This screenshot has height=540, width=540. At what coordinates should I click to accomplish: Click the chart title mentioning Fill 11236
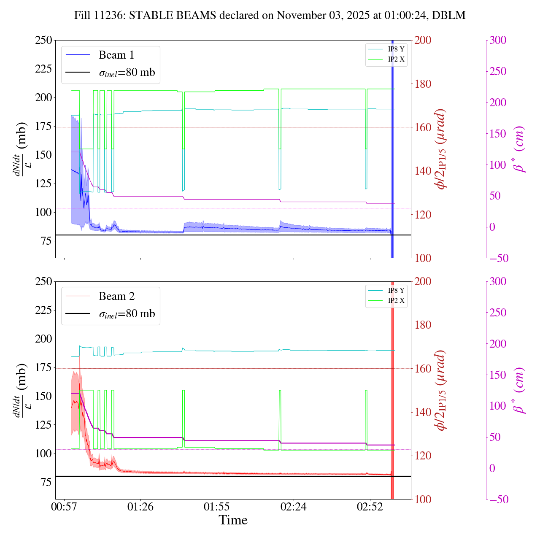pyautogui.click(x=270, y=16)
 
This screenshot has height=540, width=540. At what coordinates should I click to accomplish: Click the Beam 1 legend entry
pyautogui.click(x=116, y=55)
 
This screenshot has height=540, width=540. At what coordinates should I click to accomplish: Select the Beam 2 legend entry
pyautogui.click(x=116, y=297)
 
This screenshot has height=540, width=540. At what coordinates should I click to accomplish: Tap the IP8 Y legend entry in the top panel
pyautogui.click(x=396, y=49)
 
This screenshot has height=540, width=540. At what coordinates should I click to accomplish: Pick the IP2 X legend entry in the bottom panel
pyautogui.click(x=396, y=301)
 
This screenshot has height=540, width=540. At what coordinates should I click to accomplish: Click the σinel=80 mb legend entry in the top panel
pyautogui.click(x=127, y=73)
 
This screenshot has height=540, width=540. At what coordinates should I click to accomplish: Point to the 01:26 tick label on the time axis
pyautogui.click(x=140, y=506)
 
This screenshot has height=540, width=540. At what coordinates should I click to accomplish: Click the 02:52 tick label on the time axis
pyautogui.click(x=370, y=506)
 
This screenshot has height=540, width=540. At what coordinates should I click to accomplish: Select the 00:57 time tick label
pyautogui.click(x=64, y=506)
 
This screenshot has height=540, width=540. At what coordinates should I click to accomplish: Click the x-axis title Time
pyautogui.click(x=233, y=520)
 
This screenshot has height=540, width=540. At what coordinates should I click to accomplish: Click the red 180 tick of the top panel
pyautogui.click(x=423, y=84)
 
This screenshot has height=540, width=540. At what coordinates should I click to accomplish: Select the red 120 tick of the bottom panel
pyautogui.click(x=423, y=456)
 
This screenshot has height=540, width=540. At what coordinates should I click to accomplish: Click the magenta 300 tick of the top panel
pyautogui.click(x=498, y=40)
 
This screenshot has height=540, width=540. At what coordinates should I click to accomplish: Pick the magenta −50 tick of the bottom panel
pyautogui.click(x=499, y=499)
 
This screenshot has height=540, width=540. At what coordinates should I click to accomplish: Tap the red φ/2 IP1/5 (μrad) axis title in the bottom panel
pyautogui.click(x=441, y=390)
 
